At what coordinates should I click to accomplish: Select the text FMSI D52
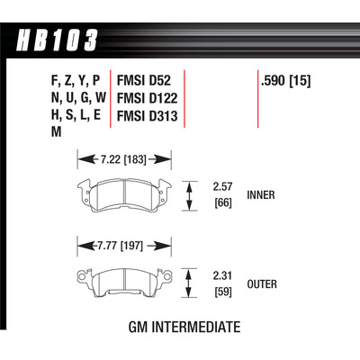tap(142, 78)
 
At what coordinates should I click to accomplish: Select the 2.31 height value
tap(222, 277)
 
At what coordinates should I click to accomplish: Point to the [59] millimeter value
tap(222, 292)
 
